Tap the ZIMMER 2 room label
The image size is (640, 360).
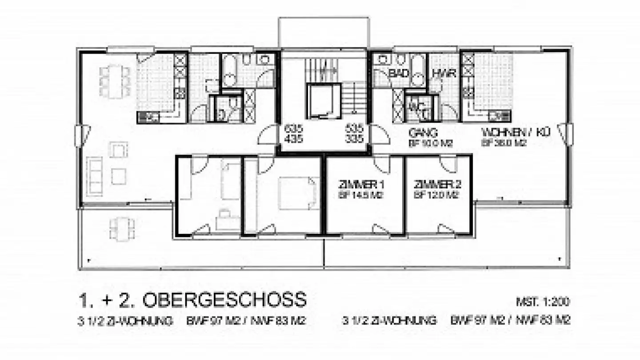436,184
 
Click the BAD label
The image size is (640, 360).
399,74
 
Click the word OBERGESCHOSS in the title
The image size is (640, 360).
224,300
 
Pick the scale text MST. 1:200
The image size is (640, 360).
543,302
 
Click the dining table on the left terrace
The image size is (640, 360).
122,228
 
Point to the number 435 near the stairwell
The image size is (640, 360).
293,139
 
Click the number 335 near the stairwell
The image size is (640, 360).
354,139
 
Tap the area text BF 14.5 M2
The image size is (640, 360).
361,195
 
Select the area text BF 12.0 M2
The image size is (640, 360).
436,195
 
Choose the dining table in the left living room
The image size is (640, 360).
115,82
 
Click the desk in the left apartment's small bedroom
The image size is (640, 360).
228,221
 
